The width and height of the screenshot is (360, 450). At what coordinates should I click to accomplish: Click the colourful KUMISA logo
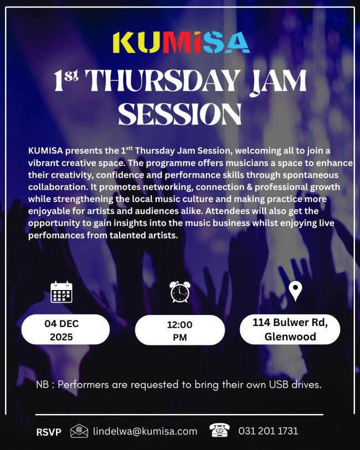point(181,43)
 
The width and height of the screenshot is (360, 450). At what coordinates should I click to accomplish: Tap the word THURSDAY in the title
point(162,81)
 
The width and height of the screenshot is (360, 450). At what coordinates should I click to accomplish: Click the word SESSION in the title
point(180,114)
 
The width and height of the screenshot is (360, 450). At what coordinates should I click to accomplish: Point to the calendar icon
point(61,292)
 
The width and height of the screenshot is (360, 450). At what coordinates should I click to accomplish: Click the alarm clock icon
point(179,292)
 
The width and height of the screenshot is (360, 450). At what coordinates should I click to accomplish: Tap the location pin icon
point(295,291)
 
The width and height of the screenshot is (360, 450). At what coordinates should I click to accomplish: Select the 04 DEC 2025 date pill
point(65,329)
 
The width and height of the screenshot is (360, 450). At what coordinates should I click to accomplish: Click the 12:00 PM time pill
point(179,330)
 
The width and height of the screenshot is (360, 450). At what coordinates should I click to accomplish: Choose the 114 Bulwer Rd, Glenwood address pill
point(290,329)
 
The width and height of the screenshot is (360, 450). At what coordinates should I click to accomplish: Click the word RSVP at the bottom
point(49,432)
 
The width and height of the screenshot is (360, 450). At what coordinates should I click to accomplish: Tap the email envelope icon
point(79,431)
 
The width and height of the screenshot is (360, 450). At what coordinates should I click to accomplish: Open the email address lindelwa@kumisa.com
point(145,431)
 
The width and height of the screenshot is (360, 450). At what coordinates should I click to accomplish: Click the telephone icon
point(220,430)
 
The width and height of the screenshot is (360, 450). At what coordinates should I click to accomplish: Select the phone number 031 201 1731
point(268,431)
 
